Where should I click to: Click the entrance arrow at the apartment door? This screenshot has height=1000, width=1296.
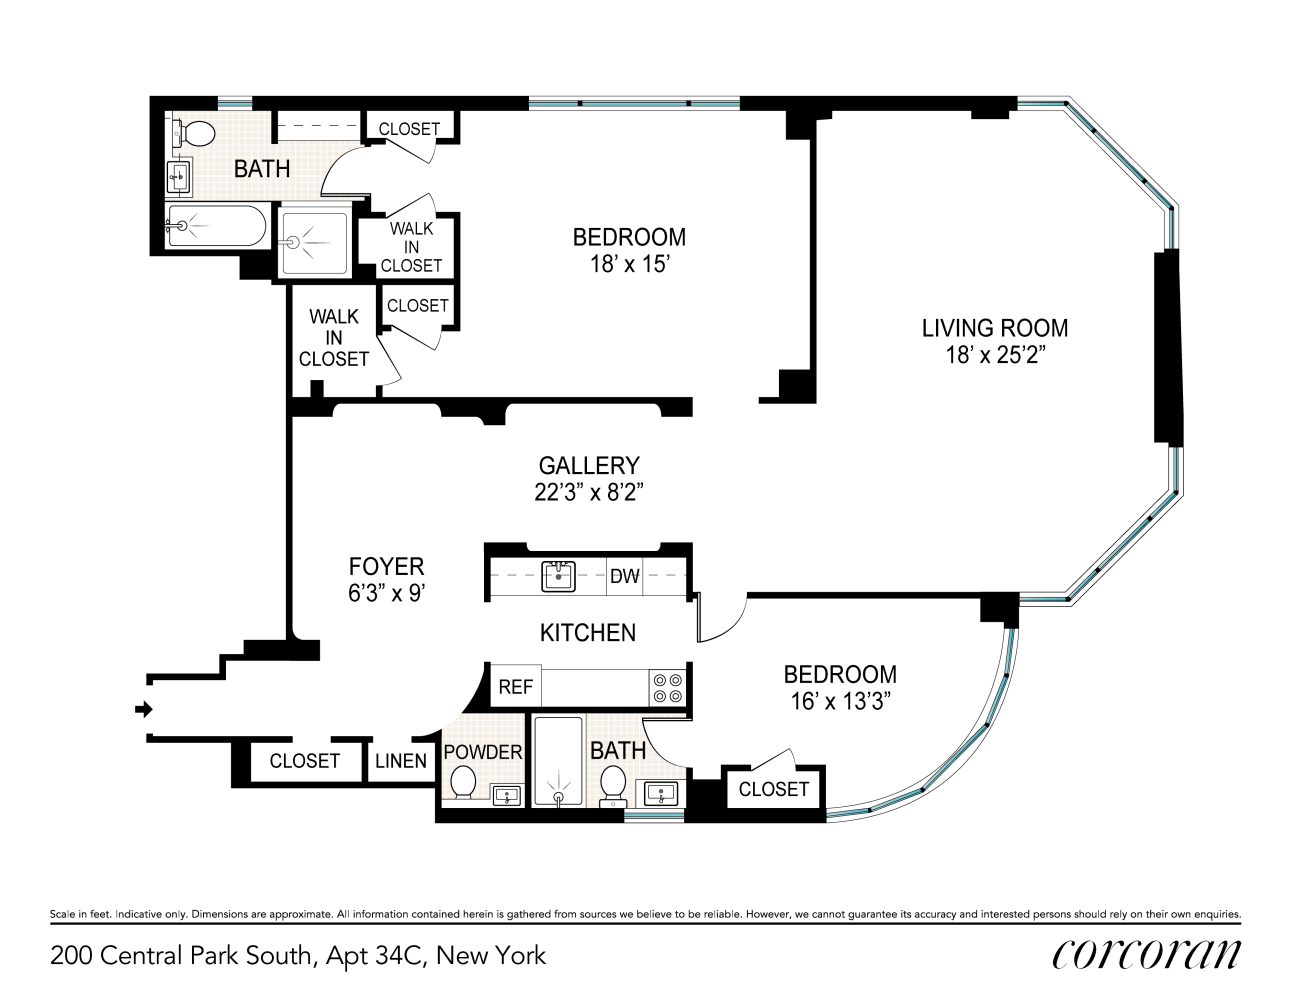(144, 710)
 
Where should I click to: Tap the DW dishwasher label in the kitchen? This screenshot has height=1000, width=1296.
(624, 576)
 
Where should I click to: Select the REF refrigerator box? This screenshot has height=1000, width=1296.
(515, 687)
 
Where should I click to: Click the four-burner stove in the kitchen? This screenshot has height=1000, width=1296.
(667, 688)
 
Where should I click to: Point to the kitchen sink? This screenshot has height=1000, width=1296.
(558, 575)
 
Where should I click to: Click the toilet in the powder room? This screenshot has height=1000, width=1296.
(462, 782)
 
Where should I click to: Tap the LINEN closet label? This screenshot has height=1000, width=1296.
(401, 761)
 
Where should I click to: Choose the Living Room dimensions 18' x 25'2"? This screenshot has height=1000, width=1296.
(995, 355)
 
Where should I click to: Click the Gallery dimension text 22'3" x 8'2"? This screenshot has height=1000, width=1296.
(589, 493)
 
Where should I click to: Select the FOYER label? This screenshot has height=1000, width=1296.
(386, 566)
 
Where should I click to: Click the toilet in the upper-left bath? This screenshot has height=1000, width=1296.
(195, 134)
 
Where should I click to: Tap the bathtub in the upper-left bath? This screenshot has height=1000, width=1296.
(216, 225)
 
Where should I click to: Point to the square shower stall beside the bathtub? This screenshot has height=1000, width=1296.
(314, 243)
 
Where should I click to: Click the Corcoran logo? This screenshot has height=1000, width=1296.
(1146, 955)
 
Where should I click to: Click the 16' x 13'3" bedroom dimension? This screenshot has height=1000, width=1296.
(840, 701)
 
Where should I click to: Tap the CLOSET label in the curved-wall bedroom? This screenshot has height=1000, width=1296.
(773, 789)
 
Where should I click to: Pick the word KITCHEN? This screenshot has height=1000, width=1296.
(588, 633)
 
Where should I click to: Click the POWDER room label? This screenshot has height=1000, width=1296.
(483, 752)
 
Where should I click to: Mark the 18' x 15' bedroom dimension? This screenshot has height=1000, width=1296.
(630, 264)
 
